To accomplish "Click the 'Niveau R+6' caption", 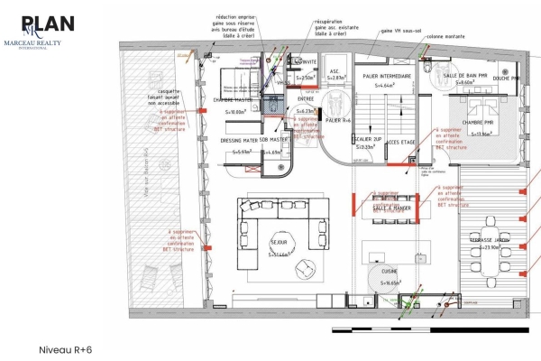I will pos(66,347).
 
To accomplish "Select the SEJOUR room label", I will pos(279,243).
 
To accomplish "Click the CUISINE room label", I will pos(390,271).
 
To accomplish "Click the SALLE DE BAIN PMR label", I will pos(465,75).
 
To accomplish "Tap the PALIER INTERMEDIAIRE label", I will pos(387,76).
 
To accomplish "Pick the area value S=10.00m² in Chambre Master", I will pos(234,110).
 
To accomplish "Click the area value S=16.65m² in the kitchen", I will pos(390,282).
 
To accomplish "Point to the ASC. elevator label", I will pos(335,70).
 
